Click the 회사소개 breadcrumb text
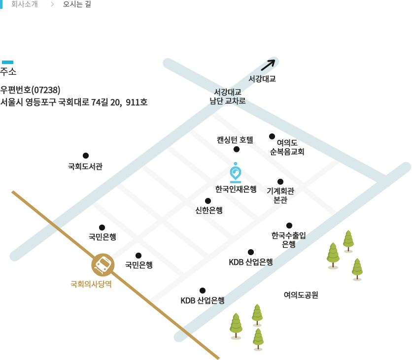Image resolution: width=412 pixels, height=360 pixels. pyautogui.click(x=24, y=4)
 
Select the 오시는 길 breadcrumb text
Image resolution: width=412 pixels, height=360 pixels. pyautogui.click(x=77, y=4)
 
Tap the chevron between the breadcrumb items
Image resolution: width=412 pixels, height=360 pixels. pyautogui.click(x=52, y=4)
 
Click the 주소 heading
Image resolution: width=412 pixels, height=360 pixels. pyautogui.click(x=8, y=72)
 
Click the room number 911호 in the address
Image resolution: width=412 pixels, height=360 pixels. pyautogui.click(x=137, y=102)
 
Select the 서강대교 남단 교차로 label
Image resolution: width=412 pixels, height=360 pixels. pyautogui.click(x=227, y=97)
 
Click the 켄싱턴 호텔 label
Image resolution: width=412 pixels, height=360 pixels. pyautogui.click(x=235, y=139)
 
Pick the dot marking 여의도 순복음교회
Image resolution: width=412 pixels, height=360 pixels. pyautogui.click(x=272, y=136)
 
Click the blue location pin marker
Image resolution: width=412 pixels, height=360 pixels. pyautogui.click(x=236, y=172)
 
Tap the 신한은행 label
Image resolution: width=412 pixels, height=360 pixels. pyautogui.click(x=209, y=210)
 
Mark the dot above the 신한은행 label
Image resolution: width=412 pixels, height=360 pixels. pyautogui.click(x=208, y=201)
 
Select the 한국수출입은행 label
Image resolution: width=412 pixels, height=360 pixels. pyautogui.click(x=288, y=239)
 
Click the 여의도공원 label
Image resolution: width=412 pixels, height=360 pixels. pyautogui.click(x=301, y=295)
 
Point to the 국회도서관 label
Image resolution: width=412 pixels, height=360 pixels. pyautogui.click(x=85, y=166)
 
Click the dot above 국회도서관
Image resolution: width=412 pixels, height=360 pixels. pyautogui.click(x=86, y=156)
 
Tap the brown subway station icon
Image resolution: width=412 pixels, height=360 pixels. pyautogui.click(x=103, y=265)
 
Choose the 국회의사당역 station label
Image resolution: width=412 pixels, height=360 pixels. pyautogui.click(x=91, y=284)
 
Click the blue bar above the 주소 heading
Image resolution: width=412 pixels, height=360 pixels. pyautogui.click(x=7, y=62)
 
